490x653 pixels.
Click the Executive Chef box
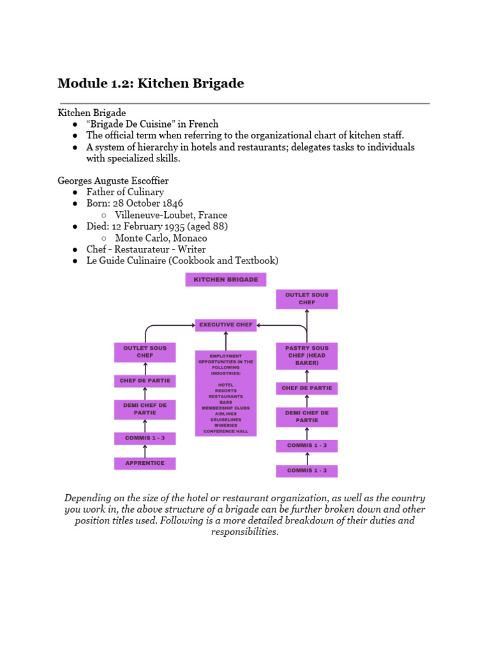point(226,325)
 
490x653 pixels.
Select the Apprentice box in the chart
point(145,464)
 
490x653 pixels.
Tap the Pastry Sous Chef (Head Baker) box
point(307,356)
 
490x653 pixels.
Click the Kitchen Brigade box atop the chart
point(226,279)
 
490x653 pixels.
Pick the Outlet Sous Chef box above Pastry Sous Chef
point(307,299)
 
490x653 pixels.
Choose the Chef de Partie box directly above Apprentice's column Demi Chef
point(145,381)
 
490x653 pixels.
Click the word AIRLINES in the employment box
point(226,414)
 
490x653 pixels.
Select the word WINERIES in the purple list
point(226,425)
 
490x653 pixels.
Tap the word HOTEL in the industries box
point(226,385)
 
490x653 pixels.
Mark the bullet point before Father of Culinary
point(75,192)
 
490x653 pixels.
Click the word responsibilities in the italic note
point(245,532)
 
